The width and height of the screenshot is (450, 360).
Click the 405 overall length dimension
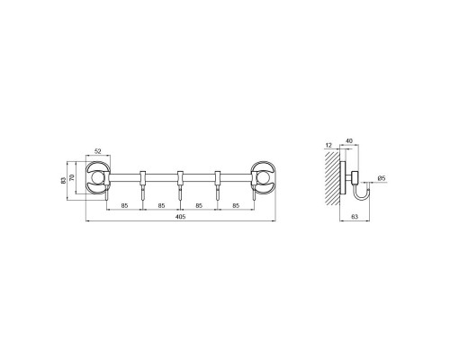181,217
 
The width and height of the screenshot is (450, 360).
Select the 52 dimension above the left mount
98,151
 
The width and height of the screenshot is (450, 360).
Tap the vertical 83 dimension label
63,181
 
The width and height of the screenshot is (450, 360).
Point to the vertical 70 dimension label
71,177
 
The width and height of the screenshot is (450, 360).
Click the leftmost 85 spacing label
124,205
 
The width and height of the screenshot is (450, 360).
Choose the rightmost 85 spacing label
236,205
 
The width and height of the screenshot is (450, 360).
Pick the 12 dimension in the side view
328,146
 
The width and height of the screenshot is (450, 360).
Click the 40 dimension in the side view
349,140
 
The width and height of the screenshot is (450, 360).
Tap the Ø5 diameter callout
382,178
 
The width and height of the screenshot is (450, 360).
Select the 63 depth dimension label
355,217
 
